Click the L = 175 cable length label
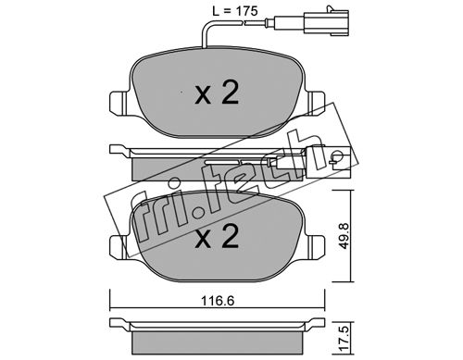[x=234, y=11]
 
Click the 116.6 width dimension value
[x=218, y=300]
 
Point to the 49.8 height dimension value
[x=344, y=236]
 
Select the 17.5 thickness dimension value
[x=344, y=339]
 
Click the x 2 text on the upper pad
[x=217, y=92]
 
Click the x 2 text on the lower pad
[x=217, y=236]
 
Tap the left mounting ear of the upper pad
[x=119, y=104]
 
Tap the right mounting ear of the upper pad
[x=316, y=104]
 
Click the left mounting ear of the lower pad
[x=119, y=248]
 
